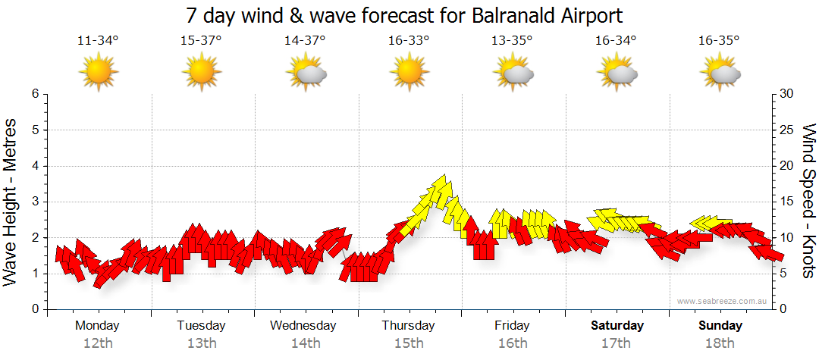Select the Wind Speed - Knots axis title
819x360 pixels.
click(x=807, y=201)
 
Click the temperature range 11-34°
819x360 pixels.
click(x=98, y=41)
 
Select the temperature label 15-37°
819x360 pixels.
click(x=201, y=41)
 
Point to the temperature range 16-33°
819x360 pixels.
click(x=408, y=41)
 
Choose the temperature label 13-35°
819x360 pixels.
click(x=512, y=41)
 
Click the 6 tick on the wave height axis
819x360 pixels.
click(x=34, y=94)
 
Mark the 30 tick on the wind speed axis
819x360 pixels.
click(x=787, y=94)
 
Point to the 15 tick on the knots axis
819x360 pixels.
click(x=787, y=202)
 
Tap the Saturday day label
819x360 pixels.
click(x=617, y=326)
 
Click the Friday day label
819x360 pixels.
click(x=513, y=326)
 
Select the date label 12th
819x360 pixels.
click(x=98, y=343)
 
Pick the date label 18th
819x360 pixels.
click(x=720, y=343)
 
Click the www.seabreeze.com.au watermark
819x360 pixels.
click(x=723, y=302)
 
